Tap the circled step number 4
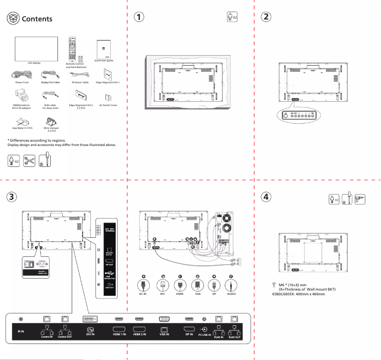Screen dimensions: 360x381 tap(267, 197)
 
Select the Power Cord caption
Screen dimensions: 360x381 tap(22, 82)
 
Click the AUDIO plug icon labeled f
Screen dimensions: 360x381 tap(231, 285)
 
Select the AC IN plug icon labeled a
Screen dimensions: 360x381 tap(142, 285)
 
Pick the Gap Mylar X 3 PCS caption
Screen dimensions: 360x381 tap(22, 128)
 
